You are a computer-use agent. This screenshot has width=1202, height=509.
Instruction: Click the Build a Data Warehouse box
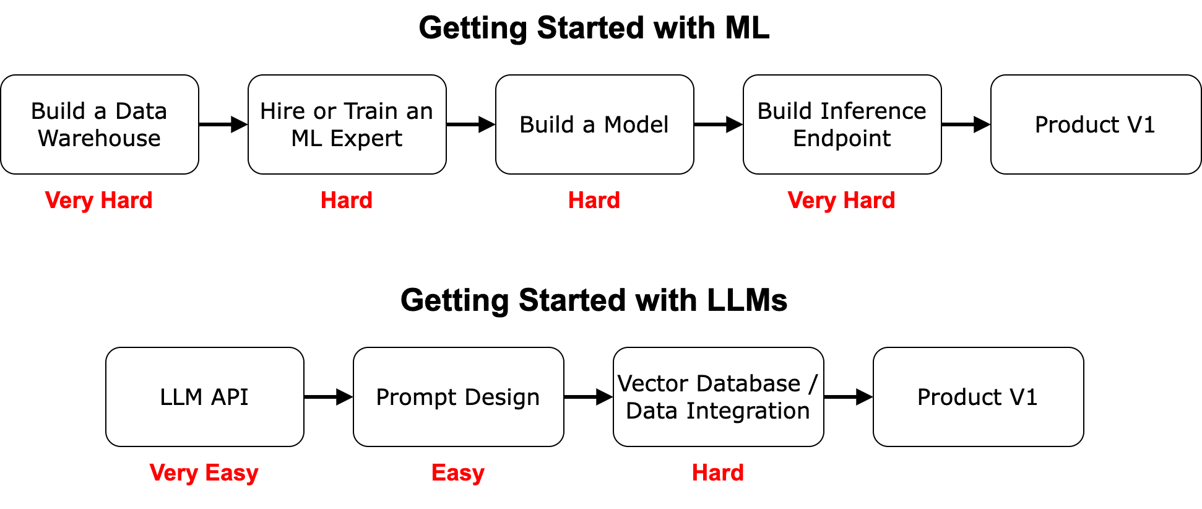click(x=99, y=124)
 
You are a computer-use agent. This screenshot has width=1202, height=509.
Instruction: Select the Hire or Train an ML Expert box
click(x=347, y=124)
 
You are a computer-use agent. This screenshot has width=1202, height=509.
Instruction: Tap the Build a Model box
click(x=594, y=124)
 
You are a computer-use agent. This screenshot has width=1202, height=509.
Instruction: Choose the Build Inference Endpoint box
click(x=842, y=124)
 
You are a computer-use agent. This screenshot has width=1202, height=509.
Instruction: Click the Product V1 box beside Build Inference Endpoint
click(x=1095, y=124)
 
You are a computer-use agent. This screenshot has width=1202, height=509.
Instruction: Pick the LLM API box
click(x=204, y=397)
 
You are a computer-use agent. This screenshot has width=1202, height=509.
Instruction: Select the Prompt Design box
click(x=458, y=397)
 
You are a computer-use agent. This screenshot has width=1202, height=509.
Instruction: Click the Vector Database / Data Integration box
click(x=718, y=397)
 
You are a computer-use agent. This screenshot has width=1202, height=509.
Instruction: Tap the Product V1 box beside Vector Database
click(x=978, y=397)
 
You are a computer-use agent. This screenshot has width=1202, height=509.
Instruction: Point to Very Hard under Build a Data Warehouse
click(x=99, y=200)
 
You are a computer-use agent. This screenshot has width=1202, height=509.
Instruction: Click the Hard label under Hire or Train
click(x=347, y=200)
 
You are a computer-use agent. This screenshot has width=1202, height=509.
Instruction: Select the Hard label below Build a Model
click(x=594, y=200)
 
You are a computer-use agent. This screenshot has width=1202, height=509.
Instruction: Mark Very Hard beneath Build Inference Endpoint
click(x=841, y=200)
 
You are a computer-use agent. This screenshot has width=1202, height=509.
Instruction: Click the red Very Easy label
click(x=204, y=472)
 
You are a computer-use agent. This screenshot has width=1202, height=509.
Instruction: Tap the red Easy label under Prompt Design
click(x=458, y=472)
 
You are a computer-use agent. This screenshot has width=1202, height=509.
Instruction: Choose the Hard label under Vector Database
click(x=718, y=472)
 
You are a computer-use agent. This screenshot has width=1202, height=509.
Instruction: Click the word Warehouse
click(x=99, y=139)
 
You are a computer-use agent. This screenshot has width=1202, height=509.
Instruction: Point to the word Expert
click(x=366, y=139)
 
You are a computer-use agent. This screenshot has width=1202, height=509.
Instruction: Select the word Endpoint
click(x=842, y=139)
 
